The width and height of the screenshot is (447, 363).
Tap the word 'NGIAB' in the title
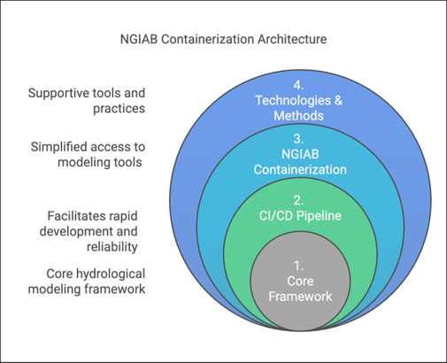[140, 40]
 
